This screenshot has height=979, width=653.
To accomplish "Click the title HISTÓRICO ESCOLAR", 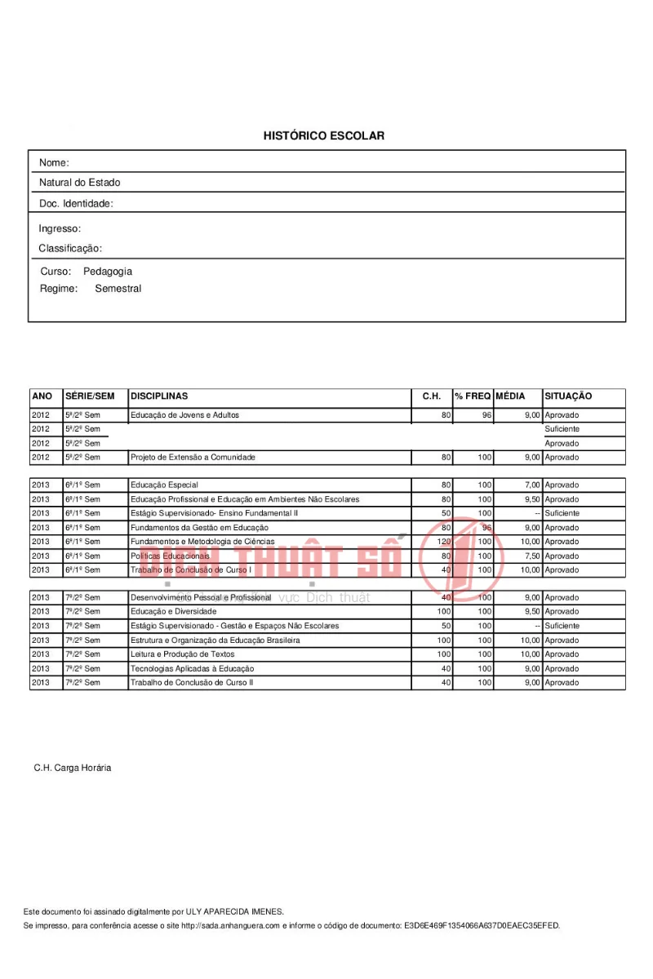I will pyautogui.click(x=323, y=135).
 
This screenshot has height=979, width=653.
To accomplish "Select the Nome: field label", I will pyautogui.click(x=54, y=163).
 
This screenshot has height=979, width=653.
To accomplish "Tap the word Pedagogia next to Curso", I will pyautogui.click(x=107, y=272).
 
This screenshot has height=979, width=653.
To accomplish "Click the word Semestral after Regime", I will pyautogui.click(x=118, y=289).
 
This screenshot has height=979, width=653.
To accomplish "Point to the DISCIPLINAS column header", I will pyautogui.click(x=159, y=396).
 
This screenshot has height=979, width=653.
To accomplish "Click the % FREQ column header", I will pyautogui.click(x=473, y=396).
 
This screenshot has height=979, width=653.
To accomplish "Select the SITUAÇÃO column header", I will pyautogui.click(x=568, y=396).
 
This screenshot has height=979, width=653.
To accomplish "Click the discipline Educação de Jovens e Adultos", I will pyautogui.click(x=184, y=415).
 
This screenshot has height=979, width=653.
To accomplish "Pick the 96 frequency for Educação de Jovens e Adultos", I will pyautogui.click(x=486, y=415).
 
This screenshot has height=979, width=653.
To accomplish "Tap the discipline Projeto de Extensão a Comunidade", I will pyautogui.click(x=193, y=458).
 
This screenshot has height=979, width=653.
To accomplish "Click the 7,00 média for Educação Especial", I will pyautogui.click(x=530, y=485).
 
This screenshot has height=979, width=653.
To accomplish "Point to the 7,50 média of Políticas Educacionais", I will pyautogui.click(x=530, y=556).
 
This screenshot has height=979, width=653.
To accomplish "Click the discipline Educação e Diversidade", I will pyautogui.click(x=173, y=612).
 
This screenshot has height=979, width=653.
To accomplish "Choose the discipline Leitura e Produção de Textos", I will pyautogui.click(x=182, y=654).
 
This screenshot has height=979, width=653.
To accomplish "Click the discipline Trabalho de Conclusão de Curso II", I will pyautogui.click(x=192, y=682).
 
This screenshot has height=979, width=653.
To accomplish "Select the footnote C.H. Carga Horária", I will pyautogui.click(x=73, y=769).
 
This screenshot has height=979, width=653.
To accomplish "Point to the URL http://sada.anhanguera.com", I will pyautogui.click(x=230, y=926).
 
